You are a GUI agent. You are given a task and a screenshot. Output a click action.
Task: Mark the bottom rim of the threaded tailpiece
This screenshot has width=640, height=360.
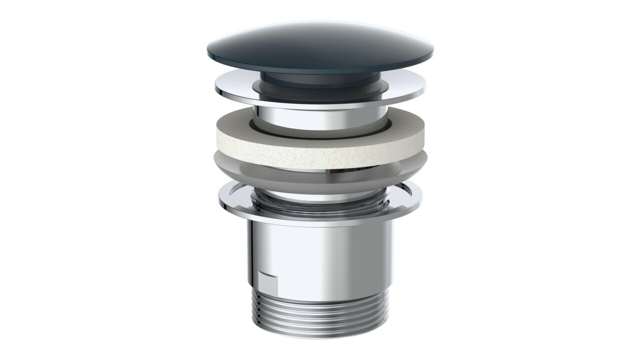[x=320, y=335]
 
